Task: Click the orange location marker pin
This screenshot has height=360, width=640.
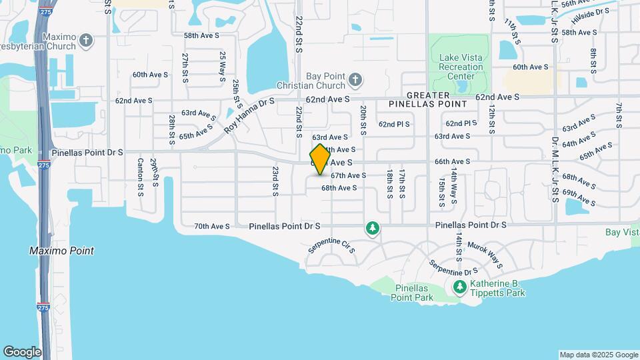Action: point(320,159)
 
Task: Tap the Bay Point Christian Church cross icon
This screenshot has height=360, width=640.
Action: point(355,81)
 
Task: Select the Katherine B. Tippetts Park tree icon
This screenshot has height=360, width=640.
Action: point(459,287)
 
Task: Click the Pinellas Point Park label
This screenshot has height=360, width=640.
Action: point(411,292)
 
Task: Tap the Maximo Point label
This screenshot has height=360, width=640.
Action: point(62,251)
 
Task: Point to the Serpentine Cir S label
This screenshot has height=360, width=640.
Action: point(332,245)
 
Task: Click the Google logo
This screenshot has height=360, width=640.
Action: point(21,352)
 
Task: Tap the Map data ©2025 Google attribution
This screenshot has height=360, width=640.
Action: point(599,355)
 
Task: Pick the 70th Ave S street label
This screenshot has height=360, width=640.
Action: point(212,226)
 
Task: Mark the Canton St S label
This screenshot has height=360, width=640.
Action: point(141,177)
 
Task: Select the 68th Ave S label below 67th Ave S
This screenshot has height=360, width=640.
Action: point(339,188)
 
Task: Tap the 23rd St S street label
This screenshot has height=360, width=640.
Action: point(275,181)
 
